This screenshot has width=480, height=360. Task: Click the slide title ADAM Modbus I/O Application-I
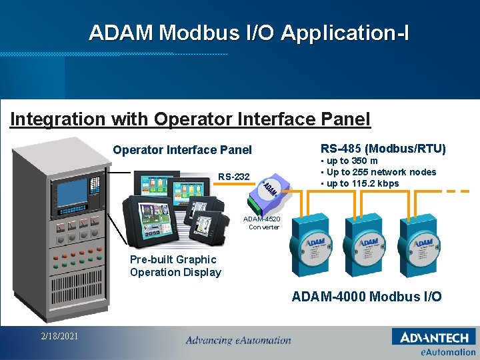(x=249, y=32)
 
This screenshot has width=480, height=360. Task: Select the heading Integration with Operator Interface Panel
(x=190, y=119)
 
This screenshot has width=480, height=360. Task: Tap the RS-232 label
(x=233, y=177)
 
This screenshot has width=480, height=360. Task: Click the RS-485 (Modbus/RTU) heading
(x=383, y=148)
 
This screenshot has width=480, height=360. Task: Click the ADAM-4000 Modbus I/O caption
(x=366, y=297)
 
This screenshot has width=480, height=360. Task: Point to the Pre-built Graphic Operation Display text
(x=175, y=265)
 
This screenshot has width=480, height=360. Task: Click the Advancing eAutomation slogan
(x=238, y=340)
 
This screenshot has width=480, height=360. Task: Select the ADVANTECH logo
(x=434, y=337)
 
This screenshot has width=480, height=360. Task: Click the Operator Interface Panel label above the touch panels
(x=182, y=150)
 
